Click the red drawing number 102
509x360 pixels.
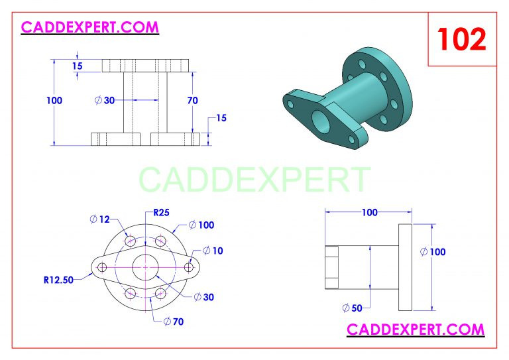(x=461, y=39)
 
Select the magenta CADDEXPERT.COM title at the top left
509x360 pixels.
(x=90, y=27)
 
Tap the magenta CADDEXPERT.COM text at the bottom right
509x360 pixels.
(x=416, y=329)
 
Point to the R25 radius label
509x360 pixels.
(x=161, y=213)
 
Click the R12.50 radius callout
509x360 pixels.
(x=58, y=280)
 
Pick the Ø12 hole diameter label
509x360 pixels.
(x=99, y=219)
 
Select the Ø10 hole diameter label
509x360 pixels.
(x=213, y=251)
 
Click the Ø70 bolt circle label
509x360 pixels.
(x=174, y=322)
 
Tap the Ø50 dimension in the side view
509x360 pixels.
(x=352, y=308)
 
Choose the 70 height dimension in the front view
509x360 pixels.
(x=192, y=101)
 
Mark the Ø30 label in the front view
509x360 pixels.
(x=105, y=100)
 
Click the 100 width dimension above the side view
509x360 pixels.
(x=369, y=213)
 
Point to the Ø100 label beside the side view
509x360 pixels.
(x=433, y=251)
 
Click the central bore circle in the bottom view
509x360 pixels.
(x=145, y=267)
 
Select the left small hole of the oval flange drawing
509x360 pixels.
(x=102, y=267)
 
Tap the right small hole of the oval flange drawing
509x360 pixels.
(x=189, y=267)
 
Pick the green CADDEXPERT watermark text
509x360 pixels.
(x=254, y=179)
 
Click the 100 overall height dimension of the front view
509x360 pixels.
(x=54, y=101)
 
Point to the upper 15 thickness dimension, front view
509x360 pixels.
(x=78, y=66)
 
